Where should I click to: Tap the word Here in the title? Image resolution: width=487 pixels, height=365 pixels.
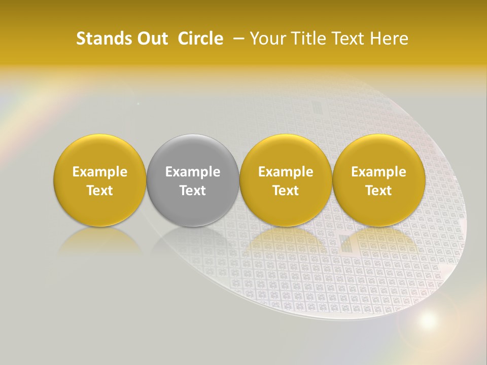pos(390,39)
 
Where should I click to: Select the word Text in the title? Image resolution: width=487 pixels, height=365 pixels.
pos(349,39)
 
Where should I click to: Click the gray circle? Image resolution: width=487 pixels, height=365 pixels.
pos(193,180)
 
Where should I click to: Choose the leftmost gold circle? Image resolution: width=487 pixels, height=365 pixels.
pos(100,180)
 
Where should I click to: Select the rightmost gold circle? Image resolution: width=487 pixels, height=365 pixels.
pos(378,180)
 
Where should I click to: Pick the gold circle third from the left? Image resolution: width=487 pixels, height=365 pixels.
pos(286,180)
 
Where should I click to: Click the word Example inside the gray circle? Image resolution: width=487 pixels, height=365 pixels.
pos(193,172)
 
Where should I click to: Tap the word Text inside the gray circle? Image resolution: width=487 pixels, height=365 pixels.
pos(193,191)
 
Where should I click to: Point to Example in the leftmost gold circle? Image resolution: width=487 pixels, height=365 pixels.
pos(100,172)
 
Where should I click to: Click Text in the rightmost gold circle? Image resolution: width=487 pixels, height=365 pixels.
pos(378,191)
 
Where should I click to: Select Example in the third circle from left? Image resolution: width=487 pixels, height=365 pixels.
pos(286,172)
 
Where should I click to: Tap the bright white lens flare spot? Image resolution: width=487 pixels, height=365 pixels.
pos(428,320)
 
